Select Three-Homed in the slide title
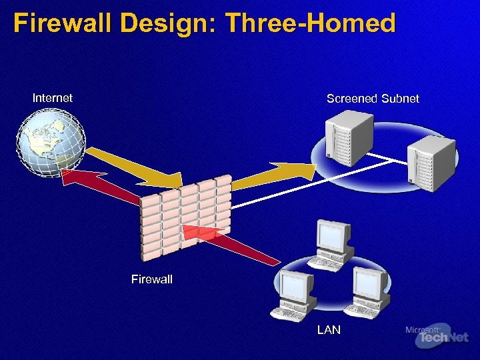click(x=311, y=24)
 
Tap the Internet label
click(x=53, y=98)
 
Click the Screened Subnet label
click(x=373, y=99)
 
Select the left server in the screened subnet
click(x=347, y=141)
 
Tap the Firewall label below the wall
click(x=151, y=279)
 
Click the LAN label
click(x=329, y=330)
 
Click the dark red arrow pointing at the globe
click(x=100, y=183)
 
